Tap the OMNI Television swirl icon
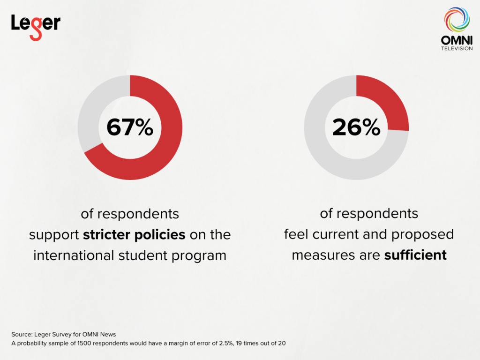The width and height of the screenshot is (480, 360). [x=457, y=20]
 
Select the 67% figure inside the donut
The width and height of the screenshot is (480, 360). [x=130, y=127]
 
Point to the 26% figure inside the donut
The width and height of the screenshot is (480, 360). [x=356, y=127]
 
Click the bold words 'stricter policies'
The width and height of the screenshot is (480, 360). [x=134, y=234]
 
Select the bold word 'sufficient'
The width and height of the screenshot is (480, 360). [x=415, y=255]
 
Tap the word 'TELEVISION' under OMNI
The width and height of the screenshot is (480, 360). [x=457, y=48]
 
